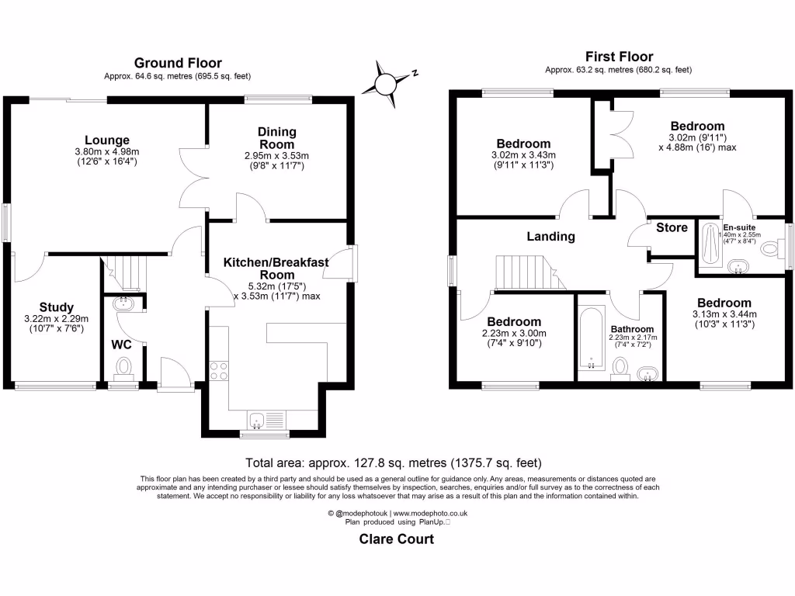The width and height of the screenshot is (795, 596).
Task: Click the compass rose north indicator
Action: [x=387, y=84]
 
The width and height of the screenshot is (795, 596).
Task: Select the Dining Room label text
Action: [x=277, y=138]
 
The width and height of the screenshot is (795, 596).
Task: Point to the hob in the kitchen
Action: [x=218, y=371]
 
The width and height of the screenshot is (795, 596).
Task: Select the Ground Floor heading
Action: [x=178, y=63]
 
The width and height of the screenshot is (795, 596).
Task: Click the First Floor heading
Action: [x=618, y=56]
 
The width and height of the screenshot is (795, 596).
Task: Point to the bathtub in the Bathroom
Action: [x=592, y=339]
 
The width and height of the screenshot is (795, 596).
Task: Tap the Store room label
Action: [x=672, y=227]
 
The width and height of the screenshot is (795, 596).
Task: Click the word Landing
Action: [x=551, y=236]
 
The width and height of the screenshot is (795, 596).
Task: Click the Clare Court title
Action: [x=396, y=539]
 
